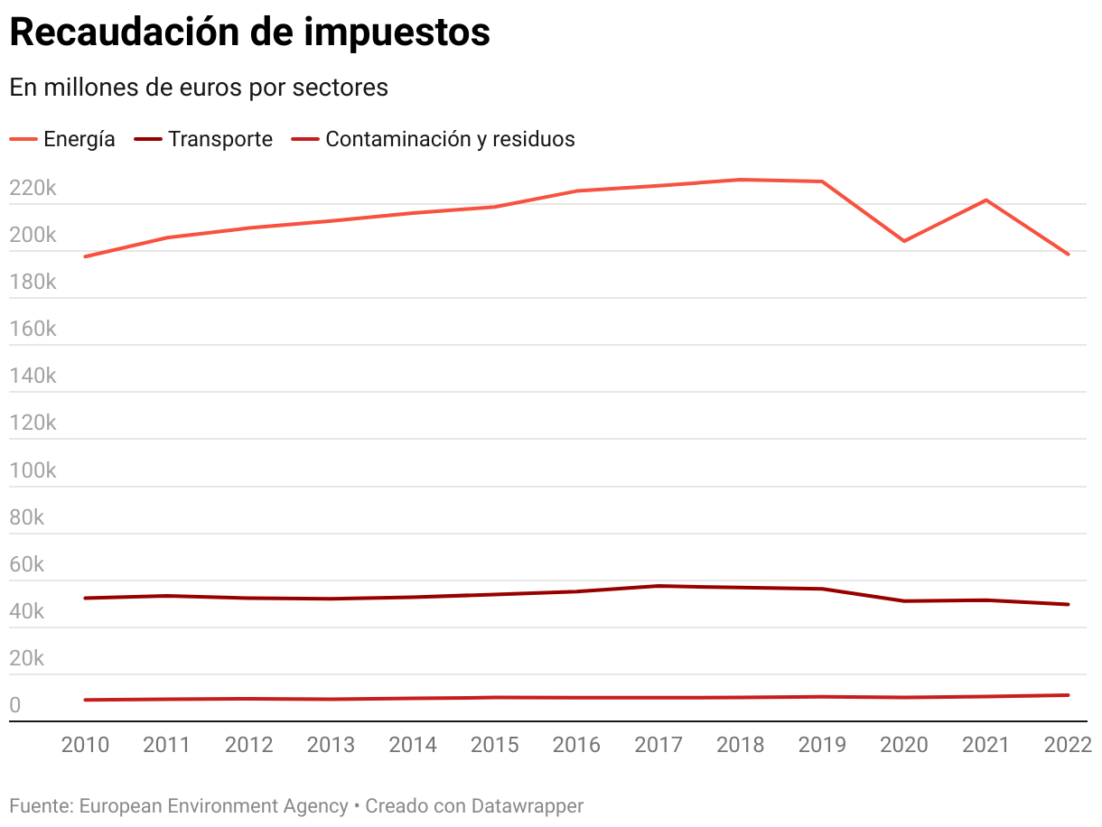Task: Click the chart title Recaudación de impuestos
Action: [x=249, y=33]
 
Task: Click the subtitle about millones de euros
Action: [x=199, y=88]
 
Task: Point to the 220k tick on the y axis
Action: [x=33, y=189]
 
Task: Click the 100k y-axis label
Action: [x=33, y=471]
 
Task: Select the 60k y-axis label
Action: [x=27, y=565]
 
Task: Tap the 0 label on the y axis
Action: [x=14, y=706]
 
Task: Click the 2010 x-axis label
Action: [x=85, y=745]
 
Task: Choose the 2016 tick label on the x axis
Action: [x=576, y=745]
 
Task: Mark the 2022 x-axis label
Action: [x=1068, y=745]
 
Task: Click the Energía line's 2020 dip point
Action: [x=904, y=241]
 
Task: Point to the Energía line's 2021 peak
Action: [x=986, y=200]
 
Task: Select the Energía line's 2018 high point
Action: [x=741, y=180]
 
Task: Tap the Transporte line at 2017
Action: [x=658, y=586]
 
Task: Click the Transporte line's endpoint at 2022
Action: [x=1069, y=604]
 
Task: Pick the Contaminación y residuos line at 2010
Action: [x=85, y=700]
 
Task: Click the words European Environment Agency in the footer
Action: [x=213, y=805]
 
